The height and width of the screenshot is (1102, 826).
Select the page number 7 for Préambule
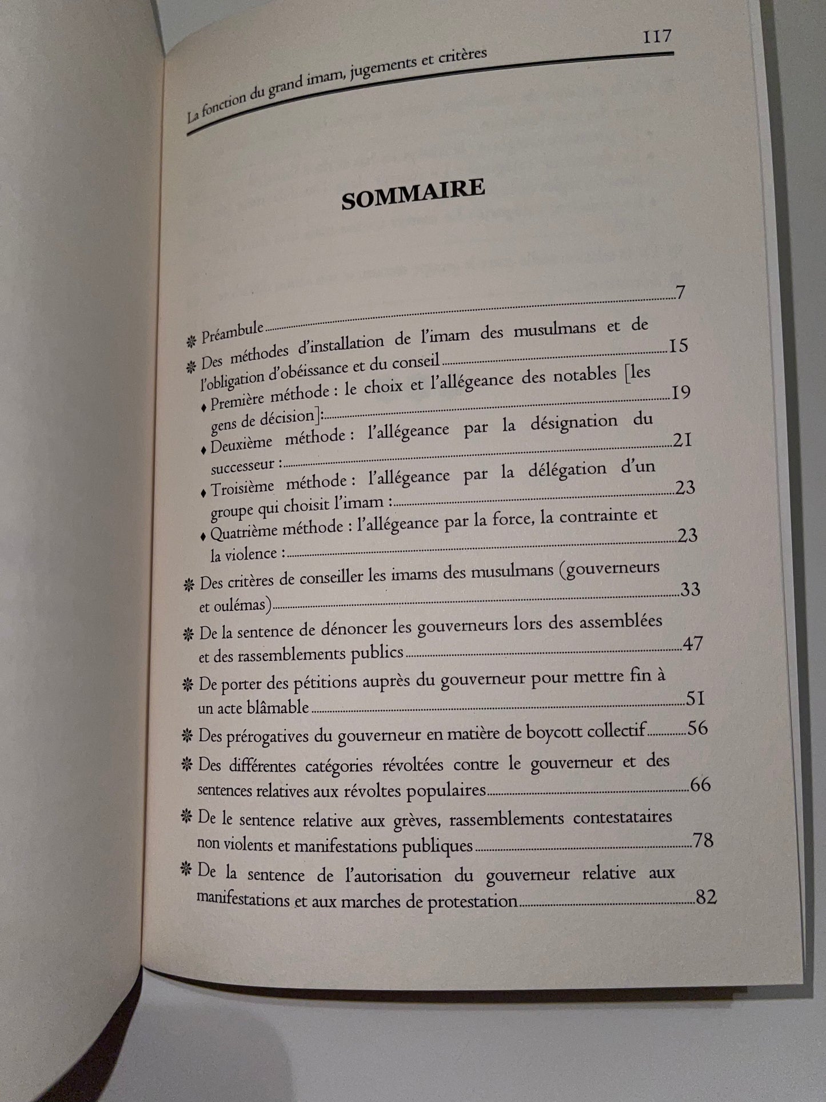tap(680, 293)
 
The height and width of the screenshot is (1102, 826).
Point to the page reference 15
tap(677, 347)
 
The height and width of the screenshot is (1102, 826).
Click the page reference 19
tap(680, 394)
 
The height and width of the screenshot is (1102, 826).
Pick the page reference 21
tap(683, 441)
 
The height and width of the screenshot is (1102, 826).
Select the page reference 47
tap(693, 644)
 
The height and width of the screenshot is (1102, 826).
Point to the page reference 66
tap(700, 783)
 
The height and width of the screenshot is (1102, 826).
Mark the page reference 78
tap(704, 840)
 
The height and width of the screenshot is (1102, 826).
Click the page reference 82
tap(706, 897)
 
